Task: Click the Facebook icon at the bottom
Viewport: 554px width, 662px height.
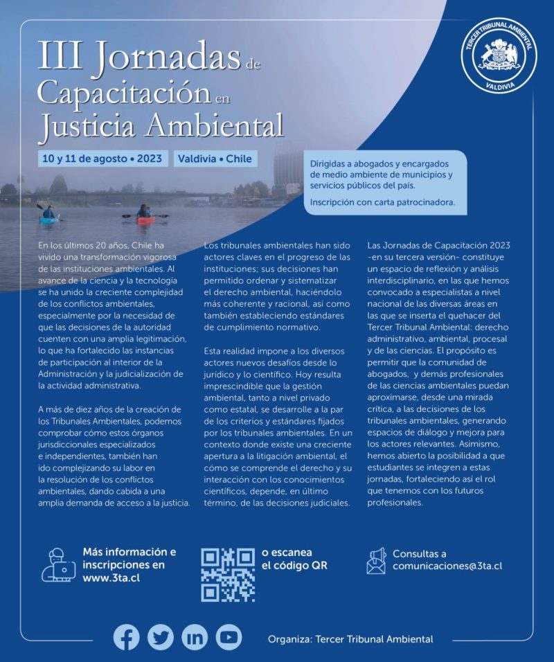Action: pos(126,637)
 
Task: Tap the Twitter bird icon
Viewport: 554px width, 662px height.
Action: pos(161,637)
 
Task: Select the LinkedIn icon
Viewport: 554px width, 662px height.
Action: pos(195,637)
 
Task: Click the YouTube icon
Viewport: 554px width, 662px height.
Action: pos(229,637)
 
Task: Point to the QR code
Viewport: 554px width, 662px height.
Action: pos(228,575)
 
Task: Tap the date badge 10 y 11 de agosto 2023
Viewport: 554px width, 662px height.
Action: pos(102,159)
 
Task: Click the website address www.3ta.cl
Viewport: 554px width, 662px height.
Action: pos(111,578)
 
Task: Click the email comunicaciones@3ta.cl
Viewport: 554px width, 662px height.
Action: pos(447,566)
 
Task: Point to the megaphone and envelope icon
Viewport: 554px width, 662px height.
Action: pos(375,561)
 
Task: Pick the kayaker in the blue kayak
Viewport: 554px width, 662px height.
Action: pos(48,213)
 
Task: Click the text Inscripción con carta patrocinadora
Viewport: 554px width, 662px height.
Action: pos(382,203)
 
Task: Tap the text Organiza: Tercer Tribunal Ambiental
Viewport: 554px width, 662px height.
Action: pos(350,639)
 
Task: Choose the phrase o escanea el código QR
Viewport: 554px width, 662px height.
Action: pos(294,559)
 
